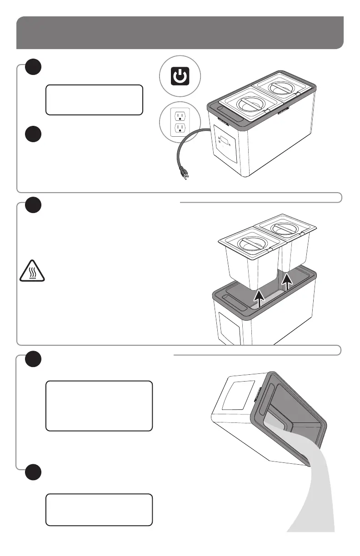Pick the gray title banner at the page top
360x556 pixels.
point(180,33)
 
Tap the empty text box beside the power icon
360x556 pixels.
point(94,99)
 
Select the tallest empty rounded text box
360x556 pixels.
point(99,406)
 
